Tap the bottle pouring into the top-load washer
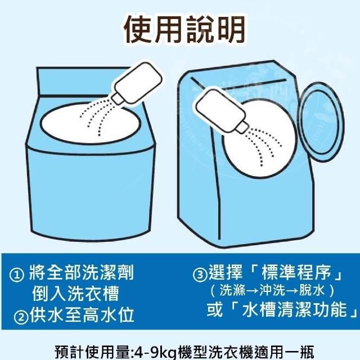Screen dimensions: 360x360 [137, 83]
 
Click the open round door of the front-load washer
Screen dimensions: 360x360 [321, 122]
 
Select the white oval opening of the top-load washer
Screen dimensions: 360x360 [90, 123]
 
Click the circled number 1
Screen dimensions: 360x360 [16, 275]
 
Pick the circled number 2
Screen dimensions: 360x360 [21, 317]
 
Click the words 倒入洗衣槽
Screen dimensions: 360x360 [75, 294]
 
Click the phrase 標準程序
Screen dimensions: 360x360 [296, 273]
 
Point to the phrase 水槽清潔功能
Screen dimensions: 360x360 [294, 310]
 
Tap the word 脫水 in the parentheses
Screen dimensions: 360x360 [312, 291]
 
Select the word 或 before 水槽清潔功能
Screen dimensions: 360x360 [215, 310]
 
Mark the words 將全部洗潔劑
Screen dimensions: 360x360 [82, 273]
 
